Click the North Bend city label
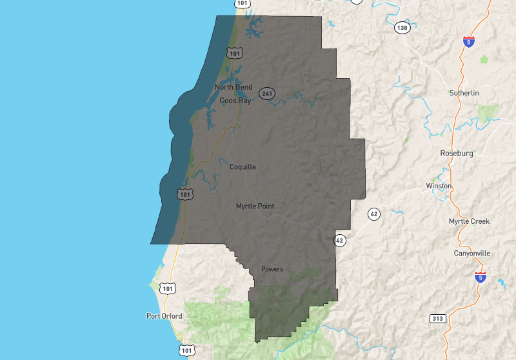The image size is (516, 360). click(233, 87)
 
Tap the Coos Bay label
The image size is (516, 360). click(235, 101)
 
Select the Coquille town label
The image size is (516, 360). click(243, 166)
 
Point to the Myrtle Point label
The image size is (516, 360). click(255, 206)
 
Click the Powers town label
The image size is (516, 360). click(272, 268)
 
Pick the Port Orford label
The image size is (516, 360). click(164, 316)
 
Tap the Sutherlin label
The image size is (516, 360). click(464, 93)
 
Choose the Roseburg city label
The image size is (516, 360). click(456, 154)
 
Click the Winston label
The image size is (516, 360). click(439, 186)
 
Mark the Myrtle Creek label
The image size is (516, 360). click(469, 221)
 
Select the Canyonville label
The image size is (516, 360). click(471, 254)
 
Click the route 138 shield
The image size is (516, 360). click(402, 28)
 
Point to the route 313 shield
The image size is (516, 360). click(437, 318)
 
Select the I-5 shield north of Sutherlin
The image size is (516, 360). click(469, 42)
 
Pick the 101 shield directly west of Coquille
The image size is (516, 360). click(184, 193)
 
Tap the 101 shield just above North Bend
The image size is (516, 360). click(234, 52)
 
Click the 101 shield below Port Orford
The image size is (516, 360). click(186, 350)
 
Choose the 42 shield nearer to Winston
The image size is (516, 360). click(373, 213)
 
